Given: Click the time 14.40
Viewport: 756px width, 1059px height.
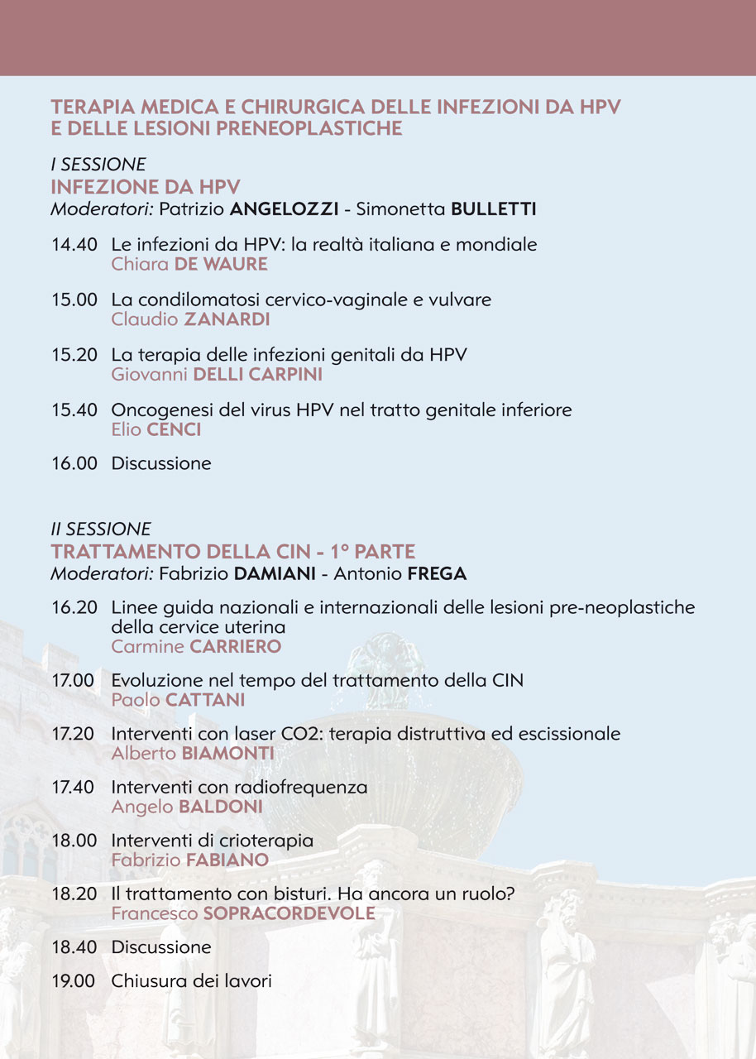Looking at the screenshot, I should tap(74, 245).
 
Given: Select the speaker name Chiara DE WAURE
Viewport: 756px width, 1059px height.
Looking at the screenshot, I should tap(189, 265).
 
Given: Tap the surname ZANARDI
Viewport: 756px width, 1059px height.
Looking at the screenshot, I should tap(227, 319).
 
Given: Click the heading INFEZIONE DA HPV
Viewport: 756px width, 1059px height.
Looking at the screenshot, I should tap(146, 187).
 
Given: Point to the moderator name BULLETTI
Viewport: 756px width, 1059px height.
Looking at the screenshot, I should tap(493, 209).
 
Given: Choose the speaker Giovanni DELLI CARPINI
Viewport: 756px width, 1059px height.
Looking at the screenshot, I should tap(217, 375).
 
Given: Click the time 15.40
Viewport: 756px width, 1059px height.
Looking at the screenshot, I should tap(74, 410).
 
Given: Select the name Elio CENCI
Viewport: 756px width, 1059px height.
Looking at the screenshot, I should tap(156, 429).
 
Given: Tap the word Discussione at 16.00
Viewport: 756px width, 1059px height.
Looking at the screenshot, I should tap(161, 463).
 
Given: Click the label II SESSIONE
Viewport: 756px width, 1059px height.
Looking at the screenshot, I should tap(101, 529).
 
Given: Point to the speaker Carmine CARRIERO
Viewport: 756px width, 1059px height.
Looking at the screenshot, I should tap(196, 647).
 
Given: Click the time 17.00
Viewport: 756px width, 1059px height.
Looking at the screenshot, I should tap(74, 681).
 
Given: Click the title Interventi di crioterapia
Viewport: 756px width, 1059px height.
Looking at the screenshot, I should tap(213, 841).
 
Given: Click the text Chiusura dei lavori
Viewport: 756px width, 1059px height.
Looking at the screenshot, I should tap(192, 981).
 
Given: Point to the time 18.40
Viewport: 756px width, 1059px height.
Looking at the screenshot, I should tap(74, 946).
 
